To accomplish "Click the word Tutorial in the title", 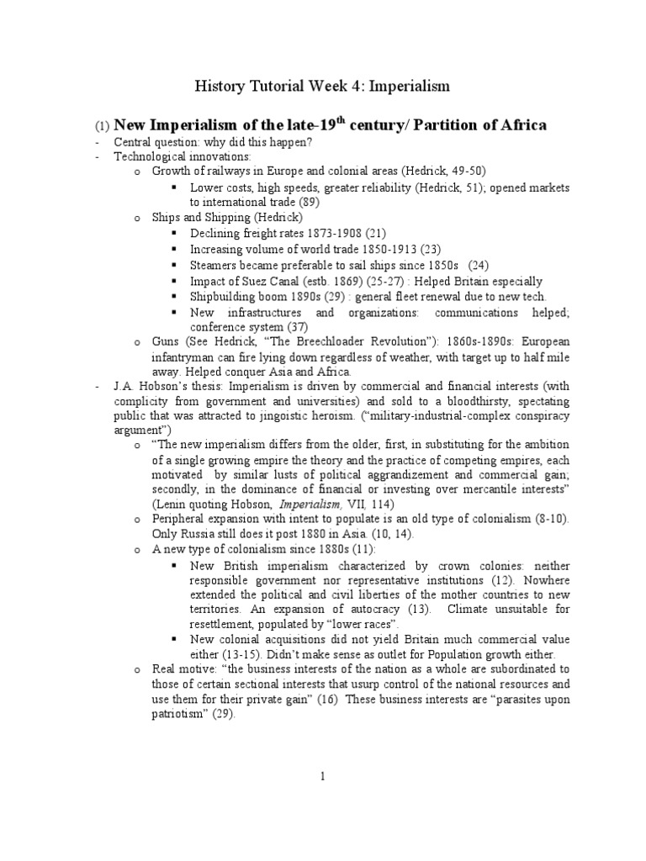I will (271, 86).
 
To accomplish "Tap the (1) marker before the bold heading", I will (101, 126).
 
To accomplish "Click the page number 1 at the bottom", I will (323, 778).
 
